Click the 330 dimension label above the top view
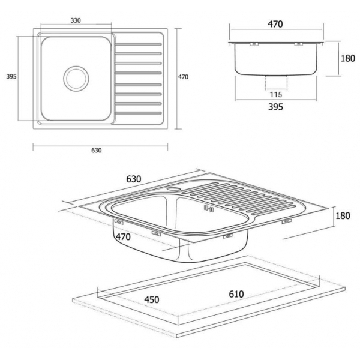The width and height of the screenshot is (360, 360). [x=76, y=20]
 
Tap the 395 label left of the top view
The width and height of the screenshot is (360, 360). [x=11, y=76]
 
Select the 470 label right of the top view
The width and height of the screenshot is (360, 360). [x=183, y=77]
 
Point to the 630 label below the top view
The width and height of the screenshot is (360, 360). [x=96, y=151]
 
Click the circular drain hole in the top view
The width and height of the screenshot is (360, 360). [x=76, y=78]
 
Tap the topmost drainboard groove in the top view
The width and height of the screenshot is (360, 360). [x=138, y=44]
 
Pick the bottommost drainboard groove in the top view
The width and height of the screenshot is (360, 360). [x=138, y=113]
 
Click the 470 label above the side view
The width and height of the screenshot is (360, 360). [x=275, y=24]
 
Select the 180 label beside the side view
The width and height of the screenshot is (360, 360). [x=347, y=58]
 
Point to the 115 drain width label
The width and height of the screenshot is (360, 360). [x=276, y=95]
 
